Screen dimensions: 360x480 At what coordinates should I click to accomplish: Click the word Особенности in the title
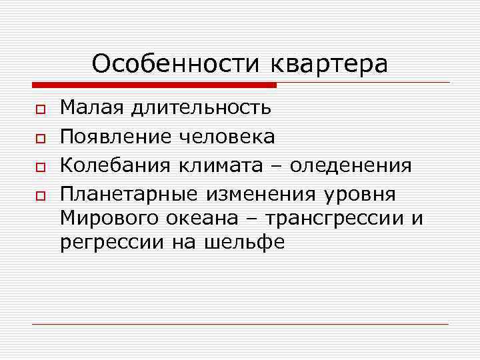(x=178, y=64)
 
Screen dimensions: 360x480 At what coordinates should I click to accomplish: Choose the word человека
(x=228, y=137)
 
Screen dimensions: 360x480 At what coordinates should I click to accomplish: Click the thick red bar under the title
(x=154, y=85)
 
